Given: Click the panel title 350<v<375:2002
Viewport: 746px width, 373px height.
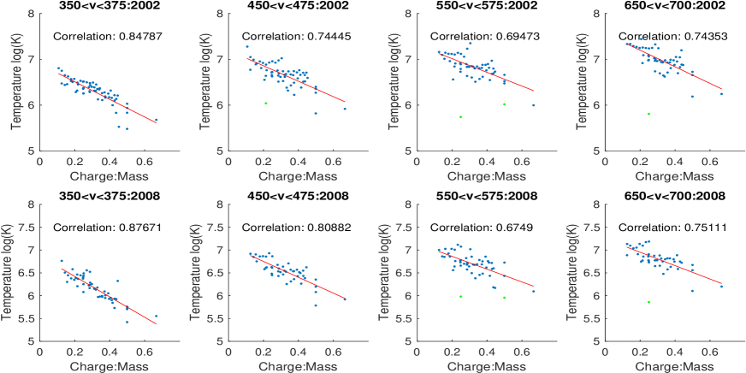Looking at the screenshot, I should click(98, 5).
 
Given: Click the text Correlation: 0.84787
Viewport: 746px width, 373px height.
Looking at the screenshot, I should click(98, 36).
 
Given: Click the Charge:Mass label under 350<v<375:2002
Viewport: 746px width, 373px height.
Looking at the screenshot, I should click(98, 176).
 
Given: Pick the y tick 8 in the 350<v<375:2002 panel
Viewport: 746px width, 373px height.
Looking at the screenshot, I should click(31, 15).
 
